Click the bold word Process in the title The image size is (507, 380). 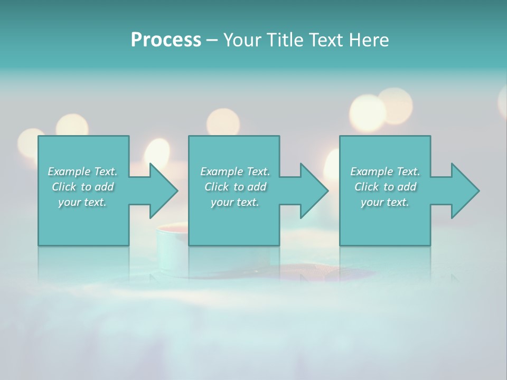(166, 40)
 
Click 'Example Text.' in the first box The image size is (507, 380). (83, 172)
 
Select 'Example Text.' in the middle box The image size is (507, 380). (235, 172)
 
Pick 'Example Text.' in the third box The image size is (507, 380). (385, 172)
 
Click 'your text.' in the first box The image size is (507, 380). (83, 202)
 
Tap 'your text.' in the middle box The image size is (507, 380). (235, 202)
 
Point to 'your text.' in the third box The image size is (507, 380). (385, 202)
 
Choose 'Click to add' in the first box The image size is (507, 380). (83, 187)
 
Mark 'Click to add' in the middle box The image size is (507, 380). (235, 187)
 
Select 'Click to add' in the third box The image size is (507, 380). (385, 187)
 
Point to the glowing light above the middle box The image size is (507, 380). (222, 122)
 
